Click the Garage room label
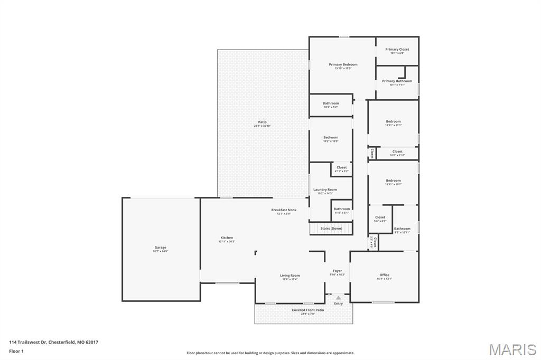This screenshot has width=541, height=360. pyautogui.click(x=161, y=248)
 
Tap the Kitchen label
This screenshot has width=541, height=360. pyautogui.click(x=227, y=238)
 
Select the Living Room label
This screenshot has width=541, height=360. pyautogui.click(x=290, y=276)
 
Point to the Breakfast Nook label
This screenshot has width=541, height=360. pyautogui.click(x=284, y=210)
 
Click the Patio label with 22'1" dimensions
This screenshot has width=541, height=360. pyautogui.click(x=263, y=122)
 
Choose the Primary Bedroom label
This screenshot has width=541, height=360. pyautogui.click(x=343, y=64)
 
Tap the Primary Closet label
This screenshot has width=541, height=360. pyautogui.click(x=397, y=50)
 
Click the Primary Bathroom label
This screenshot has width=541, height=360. pyautogui.click(x=397, y=81)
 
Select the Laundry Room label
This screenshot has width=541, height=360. pyautogui.click(x=325, y=190)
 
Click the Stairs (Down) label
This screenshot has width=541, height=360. pyautogui.click(x=331, y=229)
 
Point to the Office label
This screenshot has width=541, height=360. pyautogui.click(x=384, y=275)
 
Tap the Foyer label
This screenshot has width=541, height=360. pyautogui.click(x=337, y=271)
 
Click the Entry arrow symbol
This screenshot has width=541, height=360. pyautogui.click(x=338, y=298)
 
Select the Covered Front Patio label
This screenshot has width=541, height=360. pyautogui.click(x=307, y=310)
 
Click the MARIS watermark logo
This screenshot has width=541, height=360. pyautogui.click(x=512, y=349)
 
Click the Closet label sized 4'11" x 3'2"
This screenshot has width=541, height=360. pyautogui.click(x=342, y=168)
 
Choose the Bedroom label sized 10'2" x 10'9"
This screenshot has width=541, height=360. pyautogui.click(x=331, y=138)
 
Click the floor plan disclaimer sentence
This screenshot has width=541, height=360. pyautogui.click(x=270, y=353)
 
